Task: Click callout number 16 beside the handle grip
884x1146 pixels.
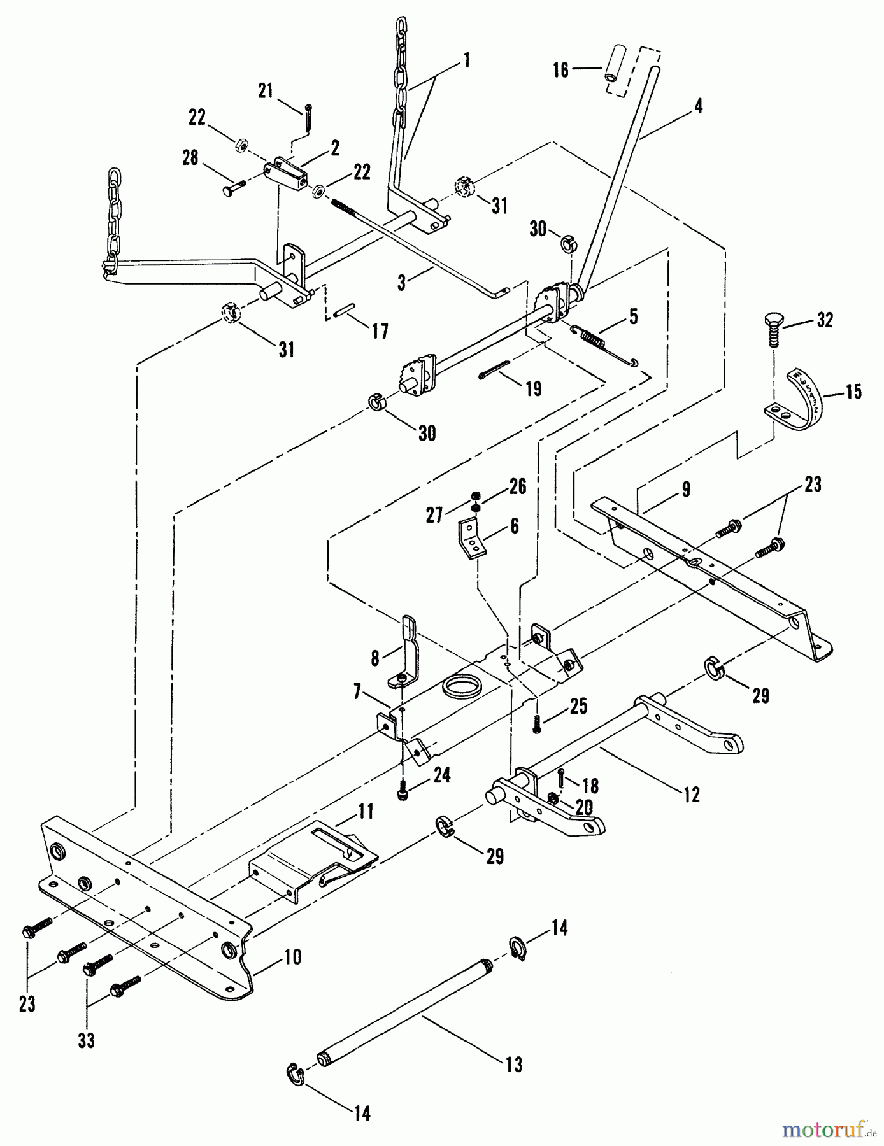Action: tap(560, 69)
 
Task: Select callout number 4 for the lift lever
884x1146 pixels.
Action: tap(699, 106)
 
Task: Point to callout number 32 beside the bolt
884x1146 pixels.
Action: tap(825, 320)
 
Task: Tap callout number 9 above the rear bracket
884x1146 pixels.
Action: tap(685, 490)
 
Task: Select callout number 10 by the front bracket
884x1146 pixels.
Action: tap(292, 957)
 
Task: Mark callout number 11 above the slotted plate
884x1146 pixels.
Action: tap(366, 811)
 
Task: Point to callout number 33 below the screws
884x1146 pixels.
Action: tap(86, 1040)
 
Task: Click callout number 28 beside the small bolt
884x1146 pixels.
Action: tap(190, 157)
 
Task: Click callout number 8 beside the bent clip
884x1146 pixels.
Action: tap(374, 656)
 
